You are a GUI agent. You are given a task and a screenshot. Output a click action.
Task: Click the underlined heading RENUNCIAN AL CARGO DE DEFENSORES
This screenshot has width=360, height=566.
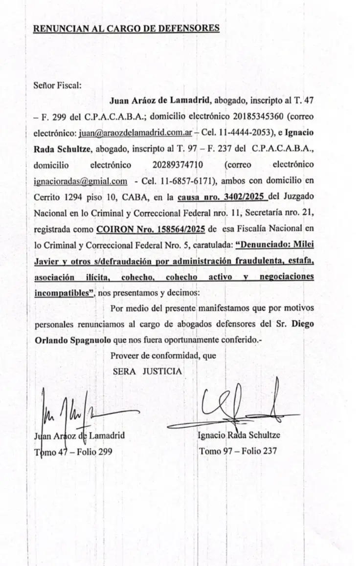tap(126, 28)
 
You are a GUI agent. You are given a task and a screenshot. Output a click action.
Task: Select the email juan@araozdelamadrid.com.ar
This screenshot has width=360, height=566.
tap(135, 133)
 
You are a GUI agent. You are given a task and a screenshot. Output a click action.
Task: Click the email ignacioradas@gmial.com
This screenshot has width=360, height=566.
tap(81, 181)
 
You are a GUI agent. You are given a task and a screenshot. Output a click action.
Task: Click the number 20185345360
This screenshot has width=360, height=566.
tap(243, 117)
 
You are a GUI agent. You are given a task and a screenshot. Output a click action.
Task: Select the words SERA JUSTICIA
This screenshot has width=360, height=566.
tap(147, 371)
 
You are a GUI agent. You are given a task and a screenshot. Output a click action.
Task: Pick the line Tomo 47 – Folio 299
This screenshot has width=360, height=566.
tap(73, 452)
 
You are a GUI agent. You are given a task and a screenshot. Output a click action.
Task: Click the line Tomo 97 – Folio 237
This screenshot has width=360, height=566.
tap(238, 451)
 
